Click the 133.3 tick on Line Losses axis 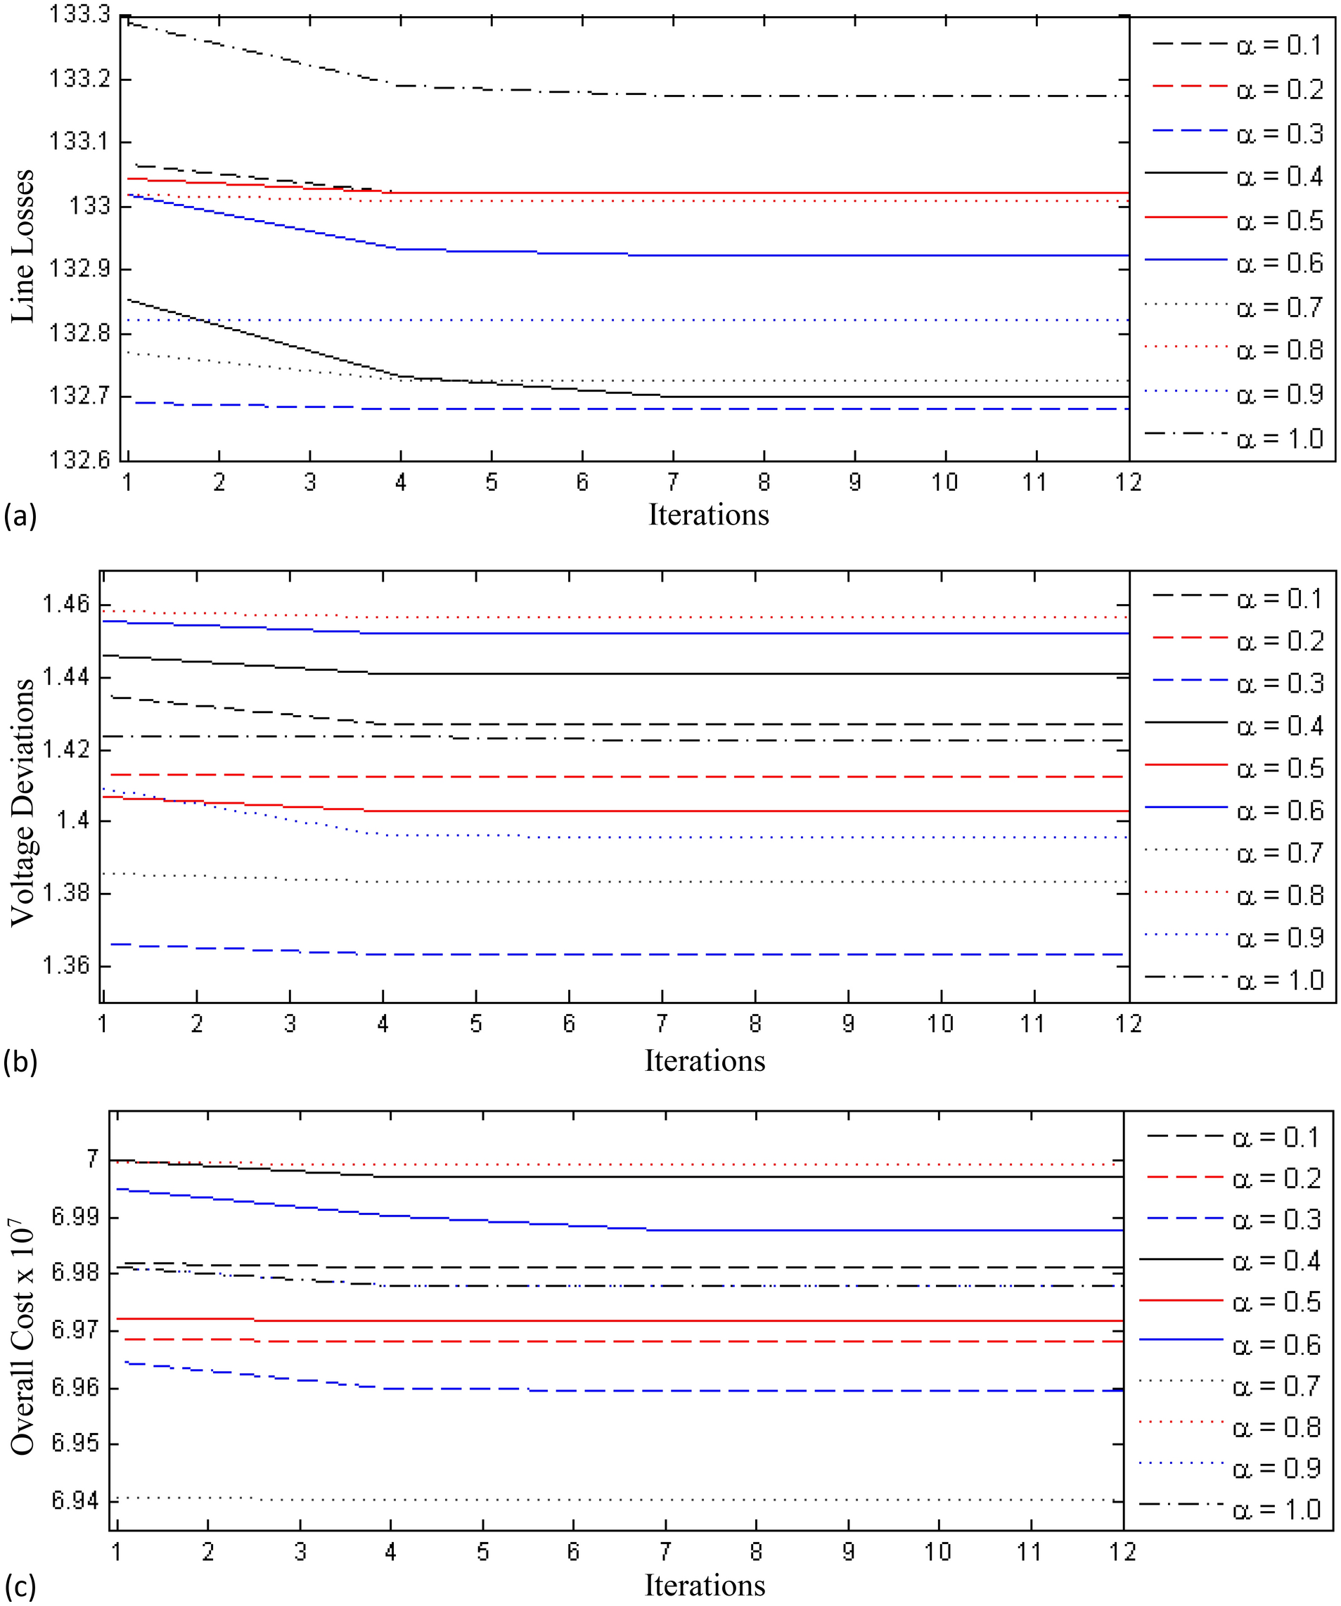point(79,15)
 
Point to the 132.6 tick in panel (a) point(79,460)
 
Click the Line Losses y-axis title point(23,246)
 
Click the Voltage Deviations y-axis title point(23,802)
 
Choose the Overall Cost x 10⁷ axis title point(23,1338)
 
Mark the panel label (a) point(20,517)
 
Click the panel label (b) point(20,1062)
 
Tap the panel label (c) point(20,1588)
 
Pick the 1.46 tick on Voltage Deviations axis point(66,604)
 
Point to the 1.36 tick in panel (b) point(66,965)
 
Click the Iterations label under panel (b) point(705,1061)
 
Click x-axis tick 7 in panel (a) point(672,482)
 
